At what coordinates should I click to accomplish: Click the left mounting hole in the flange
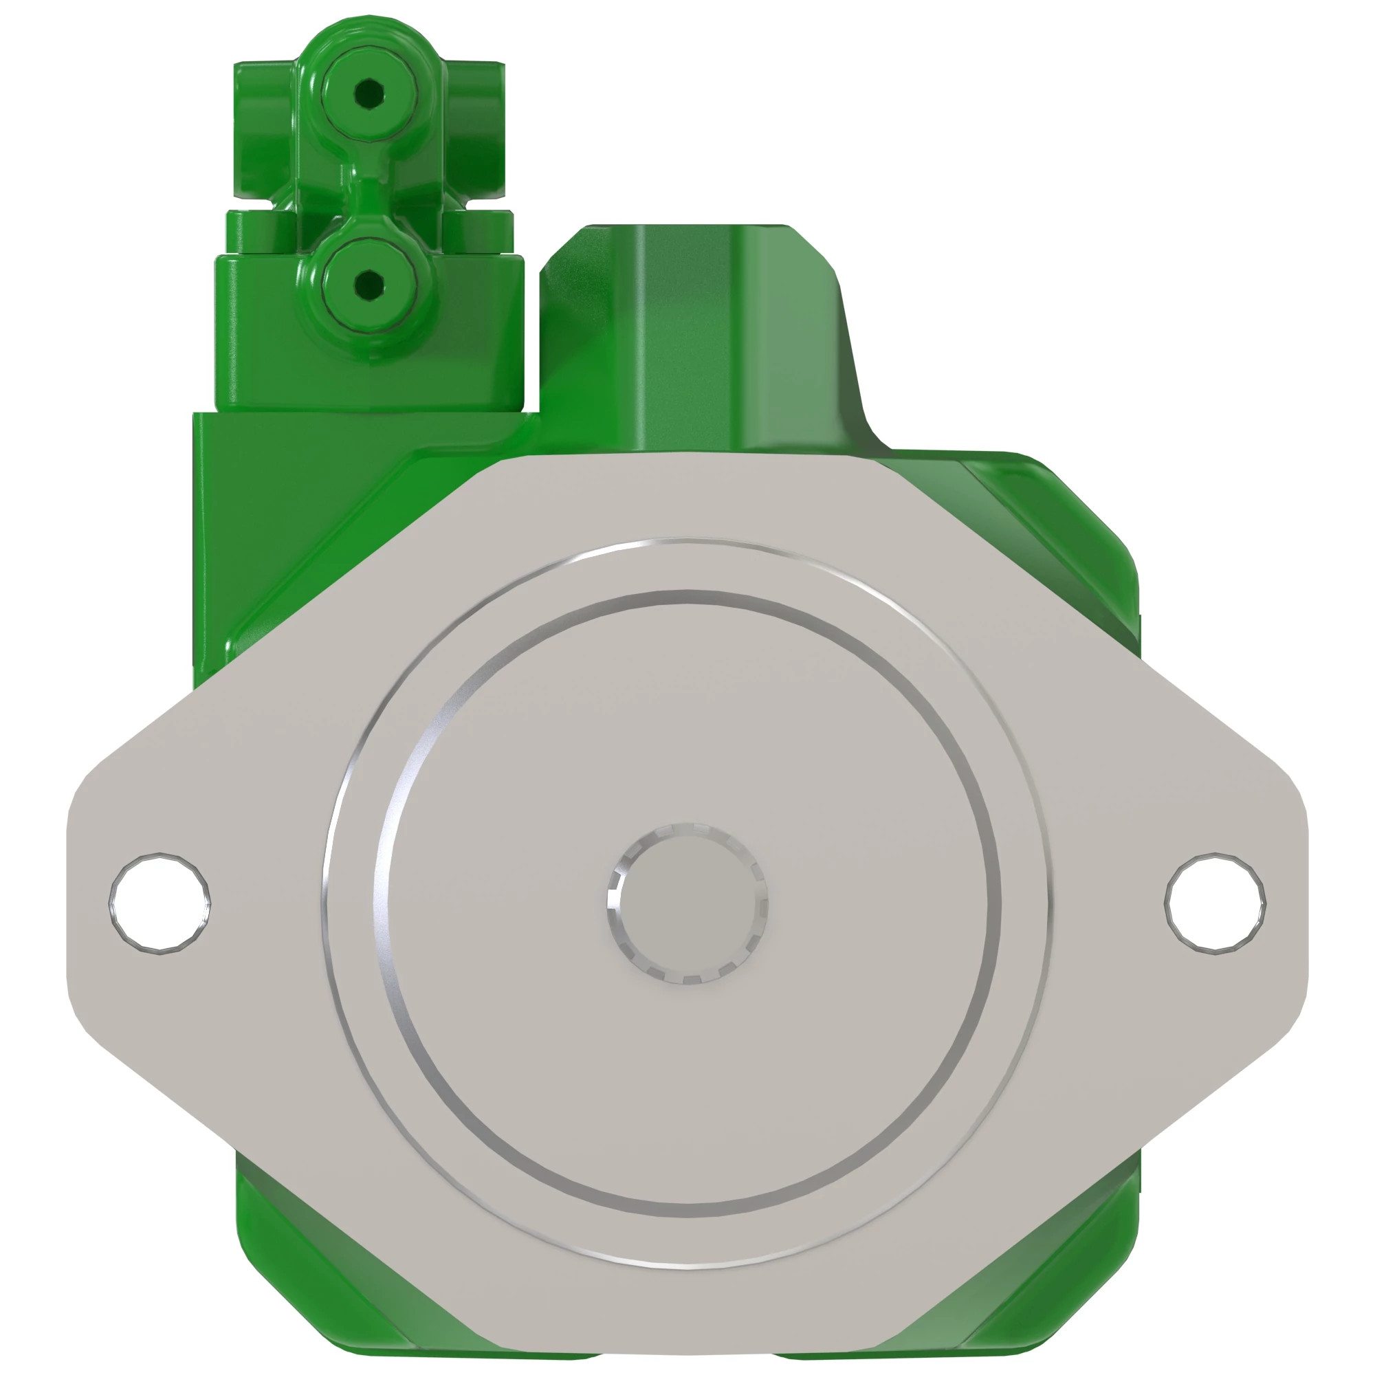coord(159,903)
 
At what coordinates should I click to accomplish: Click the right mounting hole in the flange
coord(1215,903)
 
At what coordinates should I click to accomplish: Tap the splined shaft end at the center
coord(687,904)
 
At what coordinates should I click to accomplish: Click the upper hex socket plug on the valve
coord(367,92)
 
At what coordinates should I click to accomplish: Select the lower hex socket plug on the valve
coord(367,286)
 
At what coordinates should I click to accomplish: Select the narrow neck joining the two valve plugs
coord(367,188)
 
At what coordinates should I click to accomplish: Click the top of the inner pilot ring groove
coord(687,595)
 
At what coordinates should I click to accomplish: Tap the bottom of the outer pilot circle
coord(687,1268)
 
